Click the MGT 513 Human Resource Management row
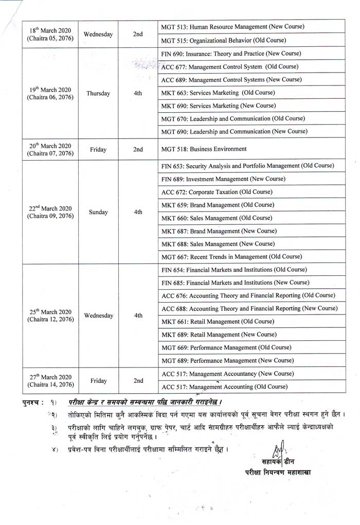(232, 27)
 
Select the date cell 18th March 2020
(50, 34)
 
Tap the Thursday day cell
(98, 93)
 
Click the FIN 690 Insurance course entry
(231, 54)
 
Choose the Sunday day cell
(98, 212)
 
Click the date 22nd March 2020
(50, 212)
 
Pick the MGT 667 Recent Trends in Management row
(231, 256)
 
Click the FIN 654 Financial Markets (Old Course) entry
(234, 270)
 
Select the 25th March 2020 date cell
(50, 316)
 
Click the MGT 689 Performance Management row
(227, 361)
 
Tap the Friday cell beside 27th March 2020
(98, 381)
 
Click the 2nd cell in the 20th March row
(137, 149)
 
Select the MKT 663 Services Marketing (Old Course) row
(218, 93)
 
